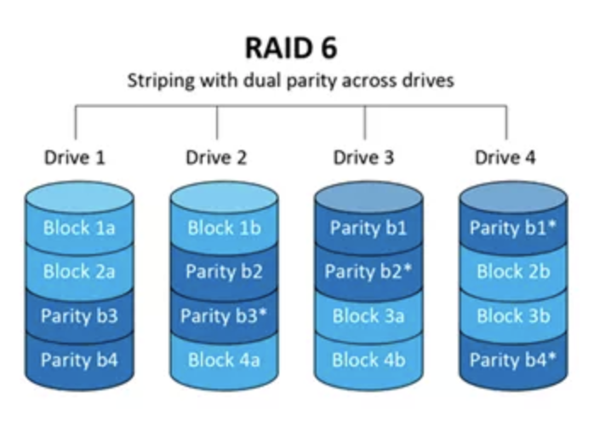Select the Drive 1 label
tap(75, 158)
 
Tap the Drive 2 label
tap(215, 158)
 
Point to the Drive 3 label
tap(363, 158)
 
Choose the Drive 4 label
tap(505, 158)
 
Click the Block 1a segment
tap(79, 228)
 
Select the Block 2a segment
tap(79, 272)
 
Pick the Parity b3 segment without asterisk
tap(79, 316)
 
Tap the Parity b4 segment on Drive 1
tap(79, 360)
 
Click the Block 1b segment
tap(224, 228)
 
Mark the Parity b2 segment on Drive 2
tap(224, 272)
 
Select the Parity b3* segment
tap(224, 316)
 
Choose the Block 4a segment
tap(224, 360)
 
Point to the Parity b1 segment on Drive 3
tap(368, 228)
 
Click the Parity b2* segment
tap(368, 272)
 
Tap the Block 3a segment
tap(368, 316)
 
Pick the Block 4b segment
tap(368, 360)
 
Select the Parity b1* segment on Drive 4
tap(513, 228)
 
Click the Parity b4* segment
tap(513, 360)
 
